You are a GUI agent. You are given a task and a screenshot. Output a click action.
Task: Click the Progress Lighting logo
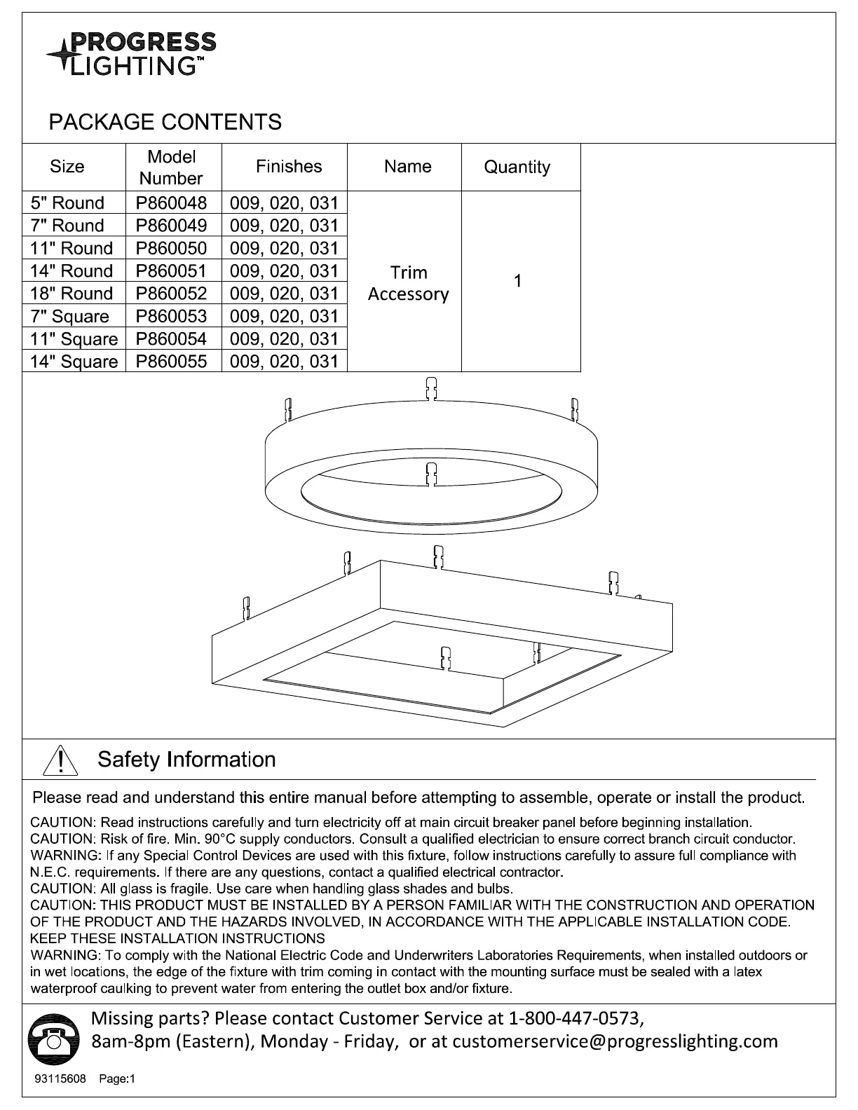[132, 53]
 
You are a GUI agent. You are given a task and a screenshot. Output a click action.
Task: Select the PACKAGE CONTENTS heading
[165, 122]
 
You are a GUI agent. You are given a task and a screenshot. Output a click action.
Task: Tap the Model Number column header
[171, 167]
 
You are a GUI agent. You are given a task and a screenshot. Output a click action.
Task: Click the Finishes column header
[289, 167]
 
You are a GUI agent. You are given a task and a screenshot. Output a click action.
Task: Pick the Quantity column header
[517, 167]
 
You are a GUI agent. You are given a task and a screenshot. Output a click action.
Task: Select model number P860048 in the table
[172, 203]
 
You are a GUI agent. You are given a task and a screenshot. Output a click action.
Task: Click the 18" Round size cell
[71, 294]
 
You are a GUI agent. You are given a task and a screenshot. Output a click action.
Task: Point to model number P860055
[172, 362]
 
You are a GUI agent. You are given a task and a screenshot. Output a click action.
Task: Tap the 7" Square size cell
[70, 316]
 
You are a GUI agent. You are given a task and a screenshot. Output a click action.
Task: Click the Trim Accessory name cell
[408, 283]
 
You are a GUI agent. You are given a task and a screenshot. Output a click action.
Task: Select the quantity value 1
[517, 282]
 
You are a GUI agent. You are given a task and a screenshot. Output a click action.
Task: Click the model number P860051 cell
[172, 271]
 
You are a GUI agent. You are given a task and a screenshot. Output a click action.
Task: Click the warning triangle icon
[60, 760]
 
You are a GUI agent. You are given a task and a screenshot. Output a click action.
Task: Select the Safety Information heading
[186, 760]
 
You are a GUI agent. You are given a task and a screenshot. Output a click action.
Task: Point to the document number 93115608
[60, 1079]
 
